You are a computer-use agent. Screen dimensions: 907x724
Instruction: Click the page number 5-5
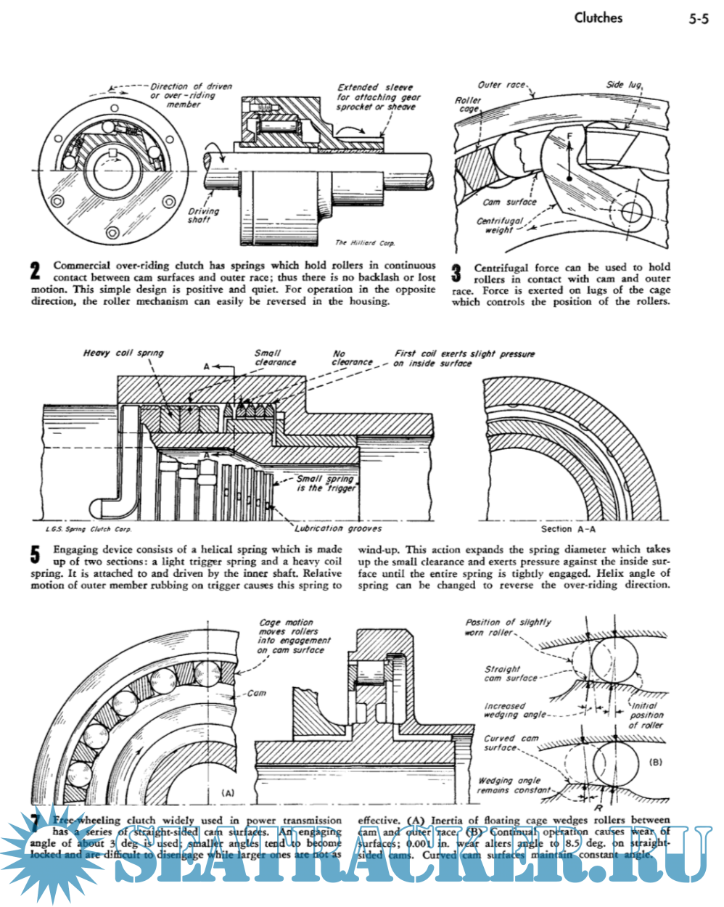tap(698, 20)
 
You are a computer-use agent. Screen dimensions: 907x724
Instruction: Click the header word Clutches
tap(598, 17)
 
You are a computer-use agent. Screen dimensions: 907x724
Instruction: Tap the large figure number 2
tap(35, 272)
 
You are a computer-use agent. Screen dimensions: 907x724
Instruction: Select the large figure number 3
tap(456, 274)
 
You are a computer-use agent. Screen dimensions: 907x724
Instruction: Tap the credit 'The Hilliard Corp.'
tap(365, 243)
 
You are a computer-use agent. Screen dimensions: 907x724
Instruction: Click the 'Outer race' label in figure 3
tap(501, 84)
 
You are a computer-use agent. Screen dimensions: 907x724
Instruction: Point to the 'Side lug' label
tap(625, 84)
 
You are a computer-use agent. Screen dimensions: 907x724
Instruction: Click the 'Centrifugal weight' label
tap(500, 225)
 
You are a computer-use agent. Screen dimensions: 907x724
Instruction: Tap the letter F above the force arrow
tap(569, 135)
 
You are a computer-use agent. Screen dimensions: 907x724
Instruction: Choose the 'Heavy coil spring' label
tap(123, 353)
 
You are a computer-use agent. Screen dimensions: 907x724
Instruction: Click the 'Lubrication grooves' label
tap(338, 528)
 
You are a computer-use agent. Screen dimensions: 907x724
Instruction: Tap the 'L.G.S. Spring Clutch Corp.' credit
tap(89, 530)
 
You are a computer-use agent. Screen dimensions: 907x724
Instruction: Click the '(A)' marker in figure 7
tap(226, 793)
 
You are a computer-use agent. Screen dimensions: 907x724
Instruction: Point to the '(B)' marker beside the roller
tap(655, 763)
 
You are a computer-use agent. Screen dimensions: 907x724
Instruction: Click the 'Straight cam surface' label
tap(510, 673)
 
